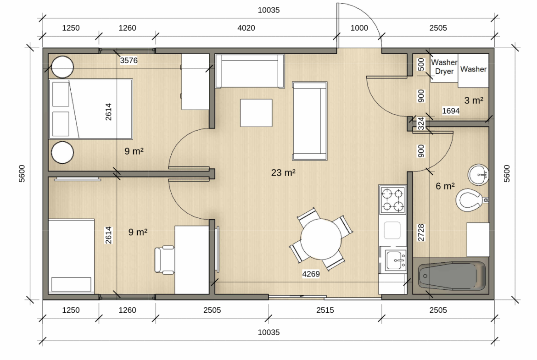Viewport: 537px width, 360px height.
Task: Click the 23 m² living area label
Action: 283,172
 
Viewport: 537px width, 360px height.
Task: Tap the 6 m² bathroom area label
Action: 445,186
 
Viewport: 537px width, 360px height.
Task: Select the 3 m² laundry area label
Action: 474,100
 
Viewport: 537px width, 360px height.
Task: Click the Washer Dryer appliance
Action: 444,68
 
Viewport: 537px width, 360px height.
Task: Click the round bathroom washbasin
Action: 478,175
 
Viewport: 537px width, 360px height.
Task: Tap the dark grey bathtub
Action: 451,276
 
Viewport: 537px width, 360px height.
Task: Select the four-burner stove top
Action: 392,200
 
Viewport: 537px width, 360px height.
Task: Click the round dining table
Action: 320,239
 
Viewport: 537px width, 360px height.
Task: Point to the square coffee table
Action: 256,113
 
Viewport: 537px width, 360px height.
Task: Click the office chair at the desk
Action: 164,260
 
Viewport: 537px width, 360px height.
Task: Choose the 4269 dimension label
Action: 311,274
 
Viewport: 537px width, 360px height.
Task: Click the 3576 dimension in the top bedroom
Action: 129,61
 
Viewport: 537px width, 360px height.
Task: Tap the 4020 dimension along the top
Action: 246,28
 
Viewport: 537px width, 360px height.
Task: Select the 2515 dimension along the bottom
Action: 324,310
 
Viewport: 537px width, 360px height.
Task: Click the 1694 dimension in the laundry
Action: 451,111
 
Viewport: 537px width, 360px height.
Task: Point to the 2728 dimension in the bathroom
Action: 421,233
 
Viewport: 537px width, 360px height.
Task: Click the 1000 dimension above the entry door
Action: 359,28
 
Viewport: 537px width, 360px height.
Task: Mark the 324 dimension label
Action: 421,123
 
